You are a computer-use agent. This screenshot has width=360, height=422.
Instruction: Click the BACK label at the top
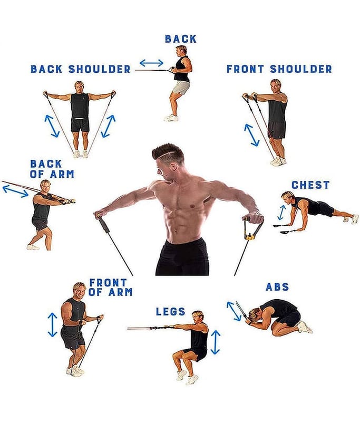click(181, 39)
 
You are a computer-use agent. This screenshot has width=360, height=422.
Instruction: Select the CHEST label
click(310, 185)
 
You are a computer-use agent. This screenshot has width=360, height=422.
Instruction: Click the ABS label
click(277, 287)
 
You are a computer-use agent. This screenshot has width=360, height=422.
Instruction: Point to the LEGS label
click(170, 312)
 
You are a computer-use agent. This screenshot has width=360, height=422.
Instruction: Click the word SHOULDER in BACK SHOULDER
click(100, 69)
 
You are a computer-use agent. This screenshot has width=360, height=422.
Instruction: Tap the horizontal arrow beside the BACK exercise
click(151, 63)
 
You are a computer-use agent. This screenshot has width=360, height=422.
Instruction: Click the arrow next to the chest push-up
click(281, 213)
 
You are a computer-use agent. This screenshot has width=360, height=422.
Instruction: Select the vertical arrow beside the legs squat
click(216, 342)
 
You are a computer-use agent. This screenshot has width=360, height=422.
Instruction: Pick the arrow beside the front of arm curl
click(52, 325)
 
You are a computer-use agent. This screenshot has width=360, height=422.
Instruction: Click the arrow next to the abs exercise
click(234, 311)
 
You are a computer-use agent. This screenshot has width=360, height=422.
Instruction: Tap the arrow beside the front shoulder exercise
click(251, 135)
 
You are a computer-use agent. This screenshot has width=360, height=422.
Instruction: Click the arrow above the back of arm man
click(15, 191)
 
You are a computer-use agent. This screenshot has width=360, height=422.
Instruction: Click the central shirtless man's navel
click(176, 231)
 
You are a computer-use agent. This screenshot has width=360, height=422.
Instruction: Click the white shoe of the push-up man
click(355, 219)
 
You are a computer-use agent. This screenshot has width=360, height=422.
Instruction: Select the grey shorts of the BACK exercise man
click(181, 88)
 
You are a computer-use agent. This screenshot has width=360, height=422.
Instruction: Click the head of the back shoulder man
click(79, 87)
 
